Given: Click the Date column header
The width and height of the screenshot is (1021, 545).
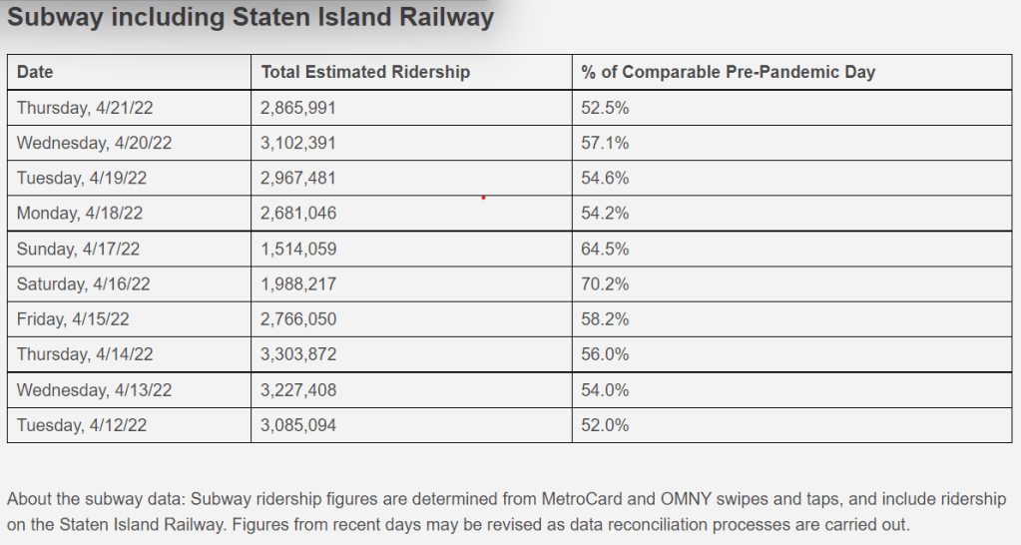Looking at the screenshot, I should tap(35, 72).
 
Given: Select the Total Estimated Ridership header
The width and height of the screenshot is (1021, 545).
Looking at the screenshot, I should tap(365, 72).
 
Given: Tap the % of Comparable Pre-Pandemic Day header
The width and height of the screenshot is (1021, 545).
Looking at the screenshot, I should tap(729, 72).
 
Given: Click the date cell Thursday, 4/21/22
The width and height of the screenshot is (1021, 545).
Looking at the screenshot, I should tap(81, 108).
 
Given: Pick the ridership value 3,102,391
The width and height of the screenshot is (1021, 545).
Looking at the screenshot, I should tap(298, 143).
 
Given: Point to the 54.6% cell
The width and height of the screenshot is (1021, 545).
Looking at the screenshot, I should tap(605, 178).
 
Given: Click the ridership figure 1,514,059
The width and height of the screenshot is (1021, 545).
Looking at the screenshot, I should tap(298, 249).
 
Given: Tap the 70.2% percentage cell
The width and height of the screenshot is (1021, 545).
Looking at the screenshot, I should tap(605, 284).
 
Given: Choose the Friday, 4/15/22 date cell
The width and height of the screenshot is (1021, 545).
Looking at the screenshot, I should tap(73, 319).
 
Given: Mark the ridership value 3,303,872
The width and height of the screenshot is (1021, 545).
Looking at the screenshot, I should tap(298, 354).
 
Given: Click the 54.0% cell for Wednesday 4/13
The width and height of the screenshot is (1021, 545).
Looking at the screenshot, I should tap(605, 390).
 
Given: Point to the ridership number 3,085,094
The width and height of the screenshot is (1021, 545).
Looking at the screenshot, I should tap(298, 425).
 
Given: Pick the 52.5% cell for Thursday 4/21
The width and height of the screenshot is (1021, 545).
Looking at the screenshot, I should tap(605, 108).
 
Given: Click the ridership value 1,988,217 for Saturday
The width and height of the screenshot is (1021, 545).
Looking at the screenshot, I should tap(298, 284).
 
